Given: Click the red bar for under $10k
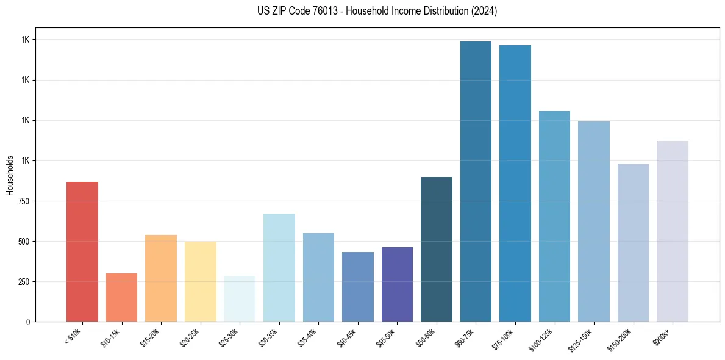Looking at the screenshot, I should [x=82, y=251].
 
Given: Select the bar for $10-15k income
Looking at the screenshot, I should [x=121, y=297].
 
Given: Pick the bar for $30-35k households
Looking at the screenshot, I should [x=279, y=267].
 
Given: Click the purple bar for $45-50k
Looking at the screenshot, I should [x=397, y=284].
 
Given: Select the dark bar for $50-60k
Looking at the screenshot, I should [x=437, y=249].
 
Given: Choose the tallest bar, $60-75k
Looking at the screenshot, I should [x=476, y=181].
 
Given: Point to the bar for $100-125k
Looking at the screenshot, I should [x=554, y=216].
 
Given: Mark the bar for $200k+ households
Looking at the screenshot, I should [x=673, y=231].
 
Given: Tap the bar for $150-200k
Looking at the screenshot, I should [x=633, y=243].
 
